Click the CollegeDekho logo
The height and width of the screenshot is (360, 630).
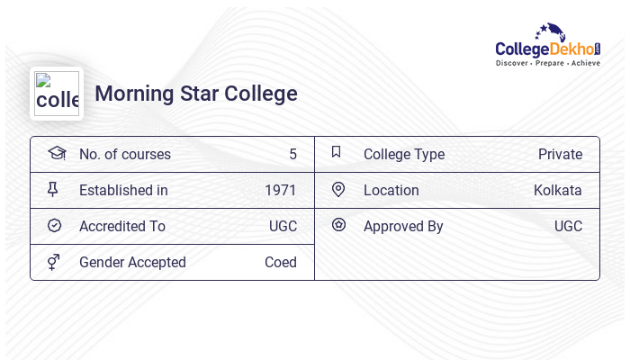pyautogui.click(x=547, y=45)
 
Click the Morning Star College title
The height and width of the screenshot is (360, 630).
pyautogui.click(x=196, y=94)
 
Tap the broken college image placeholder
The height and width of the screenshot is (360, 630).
pyautogui.click(x=57, y=94)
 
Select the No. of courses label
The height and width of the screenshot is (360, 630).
pyautogui.click(x=125, y=154)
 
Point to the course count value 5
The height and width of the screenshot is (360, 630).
pyautogui.click(x=292, y=154)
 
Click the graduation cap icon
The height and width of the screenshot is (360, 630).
pyautogui.click(x=57, y=153)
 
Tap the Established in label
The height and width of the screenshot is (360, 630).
pyautogui.click(x=123, y=190)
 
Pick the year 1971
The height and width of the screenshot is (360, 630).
pyautogui.click(x=281, y=190)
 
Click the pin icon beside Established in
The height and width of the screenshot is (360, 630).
pyautogui.click(x=53, y=189)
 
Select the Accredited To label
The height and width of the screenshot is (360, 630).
pyautogui.click(x=122, y=226)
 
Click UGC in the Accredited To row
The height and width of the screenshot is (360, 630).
pyautogui.click(x=283, y=226)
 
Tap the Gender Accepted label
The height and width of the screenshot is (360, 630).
pyautogui.click(x=132, y=262)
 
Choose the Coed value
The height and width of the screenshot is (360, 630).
pyautogui.click(x=281, y=262)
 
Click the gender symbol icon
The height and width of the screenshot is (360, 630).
pyautogui.click(x=54, y=261)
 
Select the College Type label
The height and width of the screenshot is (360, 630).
pyautogui.click(x=404, y=154)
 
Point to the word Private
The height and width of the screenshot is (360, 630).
pyautogui.click(x=560, y=154)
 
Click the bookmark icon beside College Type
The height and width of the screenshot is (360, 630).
pyautogui.click(x=337, y=152)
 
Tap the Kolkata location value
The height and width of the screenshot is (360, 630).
pyautogui.click(x=558, y=190)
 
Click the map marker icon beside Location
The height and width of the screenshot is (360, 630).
pyautogui.click(x=338, y=189)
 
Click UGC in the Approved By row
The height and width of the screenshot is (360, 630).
pyautogui.click(x=568, y=226)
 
